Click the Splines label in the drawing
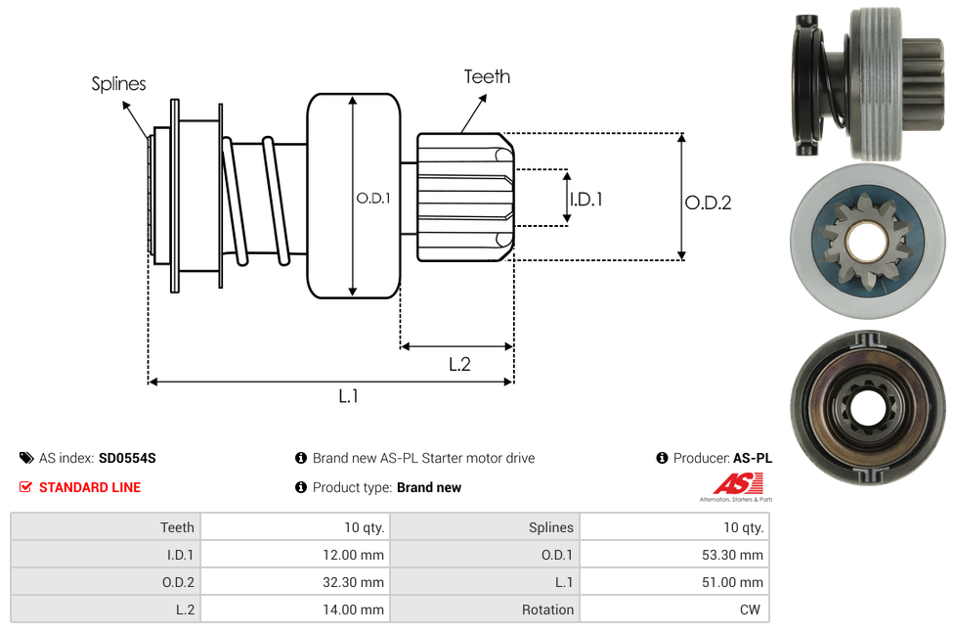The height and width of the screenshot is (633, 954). coord(118,84)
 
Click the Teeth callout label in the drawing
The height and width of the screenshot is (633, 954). coord(487,76)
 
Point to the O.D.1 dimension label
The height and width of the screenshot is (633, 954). coord(372,198)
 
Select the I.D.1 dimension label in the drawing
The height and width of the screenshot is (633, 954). coord(585,199)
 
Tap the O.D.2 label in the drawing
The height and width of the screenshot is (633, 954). coord(708,203)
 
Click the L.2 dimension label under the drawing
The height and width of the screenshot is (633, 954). coord(459,364)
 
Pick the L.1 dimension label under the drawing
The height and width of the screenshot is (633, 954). coord(349,395)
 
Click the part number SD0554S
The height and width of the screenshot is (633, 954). coord(127,458)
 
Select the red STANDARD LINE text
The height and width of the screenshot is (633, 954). coord(90,487)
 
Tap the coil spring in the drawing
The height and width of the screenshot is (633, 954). coord(256,200)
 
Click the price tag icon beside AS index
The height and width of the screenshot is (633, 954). coord(26,458)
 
